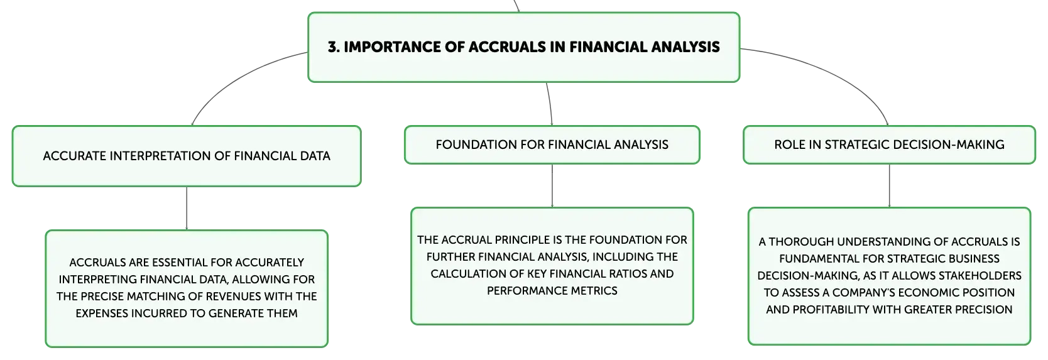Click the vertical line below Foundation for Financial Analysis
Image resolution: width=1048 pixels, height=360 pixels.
coord(552,186)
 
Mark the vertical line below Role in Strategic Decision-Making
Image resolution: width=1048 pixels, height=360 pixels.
coord(890,186)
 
